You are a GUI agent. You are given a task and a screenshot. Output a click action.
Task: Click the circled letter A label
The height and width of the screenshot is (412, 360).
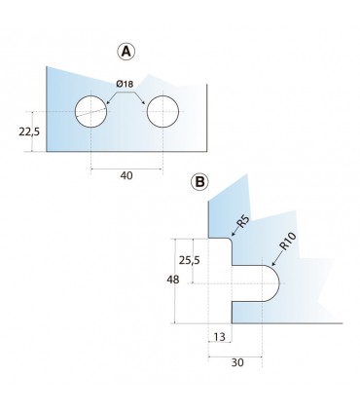(126, 52)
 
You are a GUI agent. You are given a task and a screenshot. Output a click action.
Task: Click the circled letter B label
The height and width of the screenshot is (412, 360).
(199, 182)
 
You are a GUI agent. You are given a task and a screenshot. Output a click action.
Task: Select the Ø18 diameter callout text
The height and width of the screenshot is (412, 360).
(125, 84)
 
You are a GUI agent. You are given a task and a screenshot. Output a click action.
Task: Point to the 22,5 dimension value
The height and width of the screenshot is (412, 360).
(29, 131)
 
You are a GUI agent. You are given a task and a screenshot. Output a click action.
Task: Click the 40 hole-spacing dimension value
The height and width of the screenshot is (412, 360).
(126, 175)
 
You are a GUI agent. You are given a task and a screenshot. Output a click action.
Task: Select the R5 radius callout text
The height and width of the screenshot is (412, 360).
(243, 222)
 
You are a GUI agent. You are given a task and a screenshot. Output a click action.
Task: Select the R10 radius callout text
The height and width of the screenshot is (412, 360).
(288, 242)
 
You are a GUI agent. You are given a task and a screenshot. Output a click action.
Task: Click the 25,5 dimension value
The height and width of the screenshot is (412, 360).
(190, 260)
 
